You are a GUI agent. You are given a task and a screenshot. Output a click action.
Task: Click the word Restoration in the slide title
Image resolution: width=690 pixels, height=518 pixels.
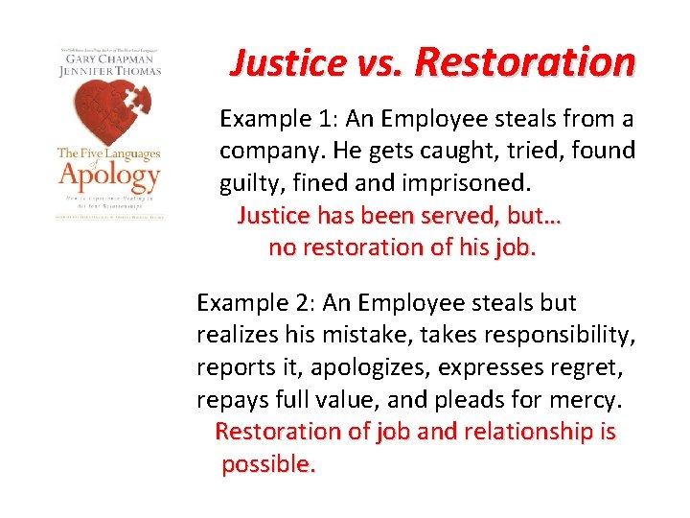pos(525,62)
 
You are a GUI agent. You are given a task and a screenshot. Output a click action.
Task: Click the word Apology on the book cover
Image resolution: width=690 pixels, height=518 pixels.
pos(107,177)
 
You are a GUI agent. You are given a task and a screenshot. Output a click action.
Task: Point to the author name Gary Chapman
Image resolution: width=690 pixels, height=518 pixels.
pos(107,58)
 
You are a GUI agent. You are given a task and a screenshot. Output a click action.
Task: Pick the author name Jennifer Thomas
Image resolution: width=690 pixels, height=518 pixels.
pos(107,70)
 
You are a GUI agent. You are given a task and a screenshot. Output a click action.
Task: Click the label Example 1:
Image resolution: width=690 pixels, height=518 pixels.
pos(278,119)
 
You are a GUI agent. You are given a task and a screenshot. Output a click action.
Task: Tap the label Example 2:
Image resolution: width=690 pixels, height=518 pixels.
pos(256,303)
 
